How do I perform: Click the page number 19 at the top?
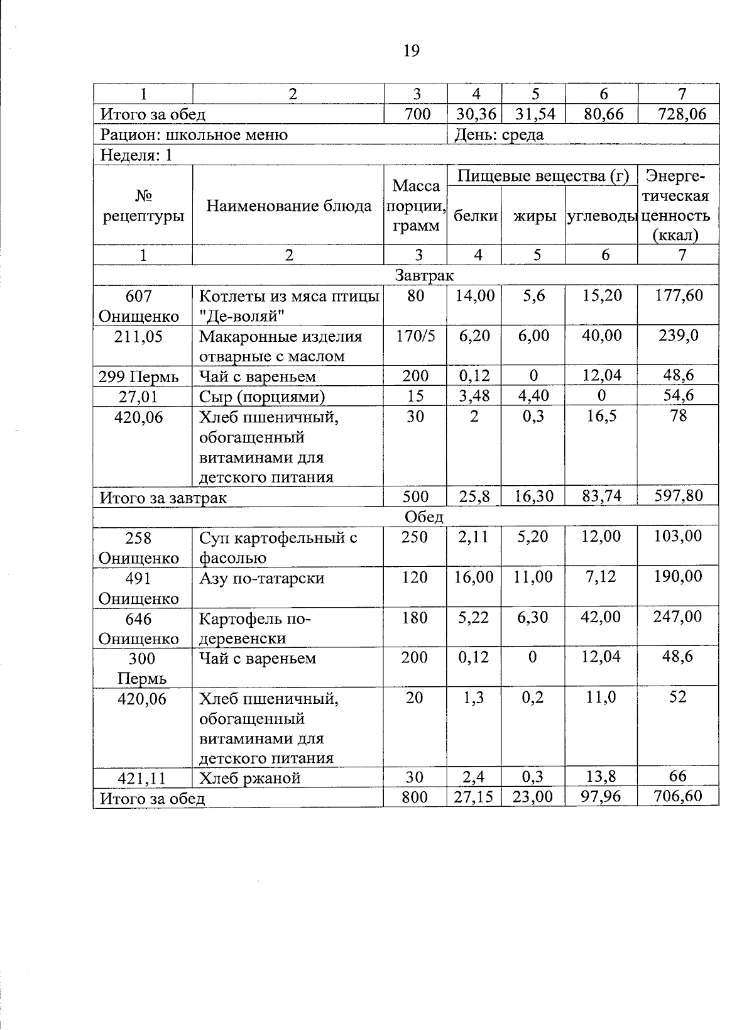coord(411,51)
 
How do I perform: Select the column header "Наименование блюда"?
coord(288,206)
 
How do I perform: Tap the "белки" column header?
coord(475,216)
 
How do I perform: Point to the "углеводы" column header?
coord(601,216)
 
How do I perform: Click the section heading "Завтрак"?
coord(424,275)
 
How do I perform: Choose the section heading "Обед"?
coord(424,517)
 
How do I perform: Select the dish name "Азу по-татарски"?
coord(261,578)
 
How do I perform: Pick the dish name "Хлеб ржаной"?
coord(249,778)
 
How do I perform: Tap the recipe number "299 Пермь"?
coord(139,377)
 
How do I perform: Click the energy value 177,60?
coord(679,295)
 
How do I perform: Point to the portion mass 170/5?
coord(415,336)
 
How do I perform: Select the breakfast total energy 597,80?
coord(679,496)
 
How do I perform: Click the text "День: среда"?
coord(499,134)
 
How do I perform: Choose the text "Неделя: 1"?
coord(136,155)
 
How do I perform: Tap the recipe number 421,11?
coord(142,779)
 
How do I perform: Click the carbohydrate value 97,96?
coord(601,797)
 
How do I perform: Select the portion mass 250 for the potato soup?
coord(415,537)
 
